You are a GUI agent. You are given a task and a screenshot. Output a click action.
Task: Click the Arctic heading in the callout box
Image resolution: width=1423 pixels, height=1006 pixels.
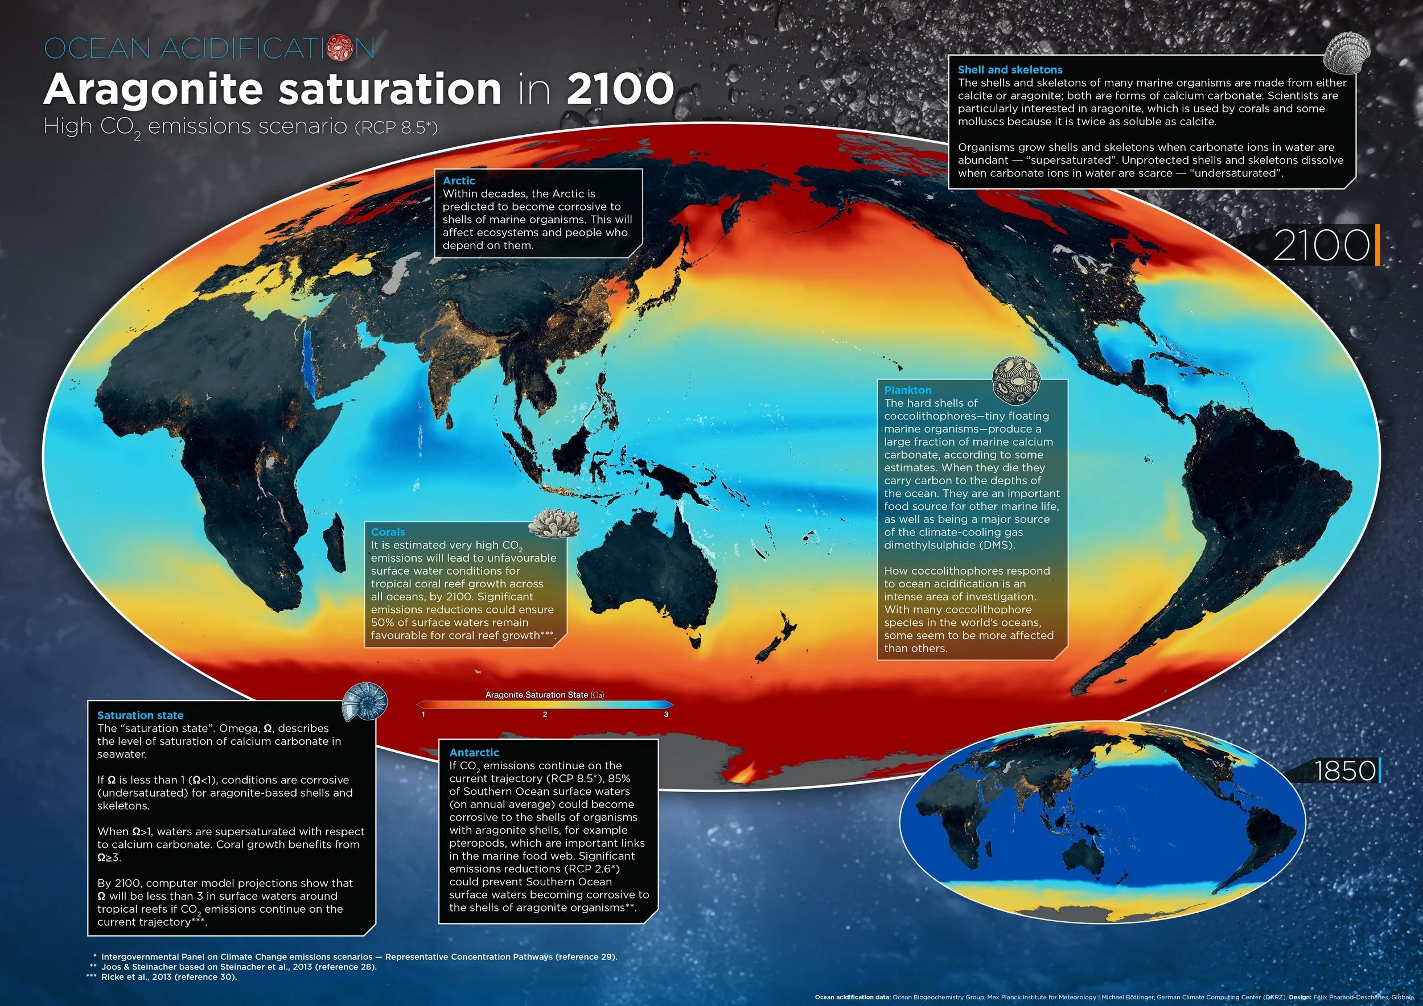pos(459,180)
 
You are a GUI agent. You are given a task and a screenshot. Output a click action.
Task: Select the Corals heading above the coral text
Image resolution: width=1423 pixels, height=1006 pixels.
pos(388,531)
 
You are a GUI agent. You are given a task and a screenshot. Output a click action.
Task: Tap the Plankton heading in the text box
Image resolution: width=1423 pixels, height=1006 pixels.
pos(907,390)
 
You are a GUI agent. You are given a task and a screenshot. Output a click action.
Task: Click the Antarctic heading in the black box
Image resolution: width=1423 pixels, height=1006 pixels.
pos(474,752)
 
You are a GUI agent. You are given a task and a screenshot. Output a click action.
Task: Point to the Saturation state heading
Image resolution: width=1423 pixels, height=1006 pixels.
pos(140,715)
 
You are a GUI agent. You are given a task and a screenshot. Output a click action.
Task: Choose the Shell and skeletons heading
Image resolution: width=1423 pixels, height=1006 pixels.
pos(1010,70)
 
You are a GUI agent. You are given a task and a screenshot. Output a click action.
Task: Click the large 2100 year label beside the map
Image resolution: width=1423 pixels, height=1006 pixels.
pos(1321,245)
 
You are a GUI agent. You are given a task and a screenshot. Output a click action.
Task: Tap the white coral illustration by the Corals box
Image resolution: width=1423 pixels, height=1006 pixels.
pos(553,523)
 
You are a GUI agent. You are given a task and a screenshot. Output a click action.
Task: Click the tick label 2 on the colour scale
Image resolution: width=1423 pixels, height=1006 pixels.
pos(545,714)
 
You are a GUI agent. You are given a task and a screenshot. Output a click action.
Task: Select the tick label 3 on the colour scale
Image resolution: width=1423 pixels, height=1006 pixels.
pos(667,714)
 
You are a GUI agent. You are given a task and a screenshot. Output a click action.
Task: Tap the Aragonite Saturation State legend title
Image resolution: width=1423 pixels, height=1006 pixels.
pos(544,694)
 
